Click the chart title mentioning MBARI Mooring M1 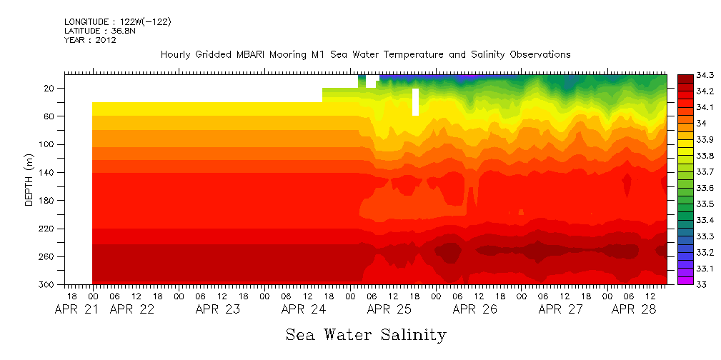click(x=365, y=54)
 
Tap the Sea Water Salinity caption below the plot click(x=366, y=334)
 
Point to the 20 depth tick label click(x=50, y=88)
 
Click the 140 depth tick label click(x=47, y=172)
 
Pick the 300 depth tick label click(x=47, y=284)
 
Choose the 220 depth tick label click(x=47, y=229)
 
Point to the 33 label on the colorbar click(x=683, y=284)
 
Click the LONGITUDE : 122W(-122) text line click(x=117, y=22)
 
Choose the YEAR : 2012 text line click(x=90, y=40)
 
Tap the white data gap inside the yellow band click(x=415, y=101)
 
